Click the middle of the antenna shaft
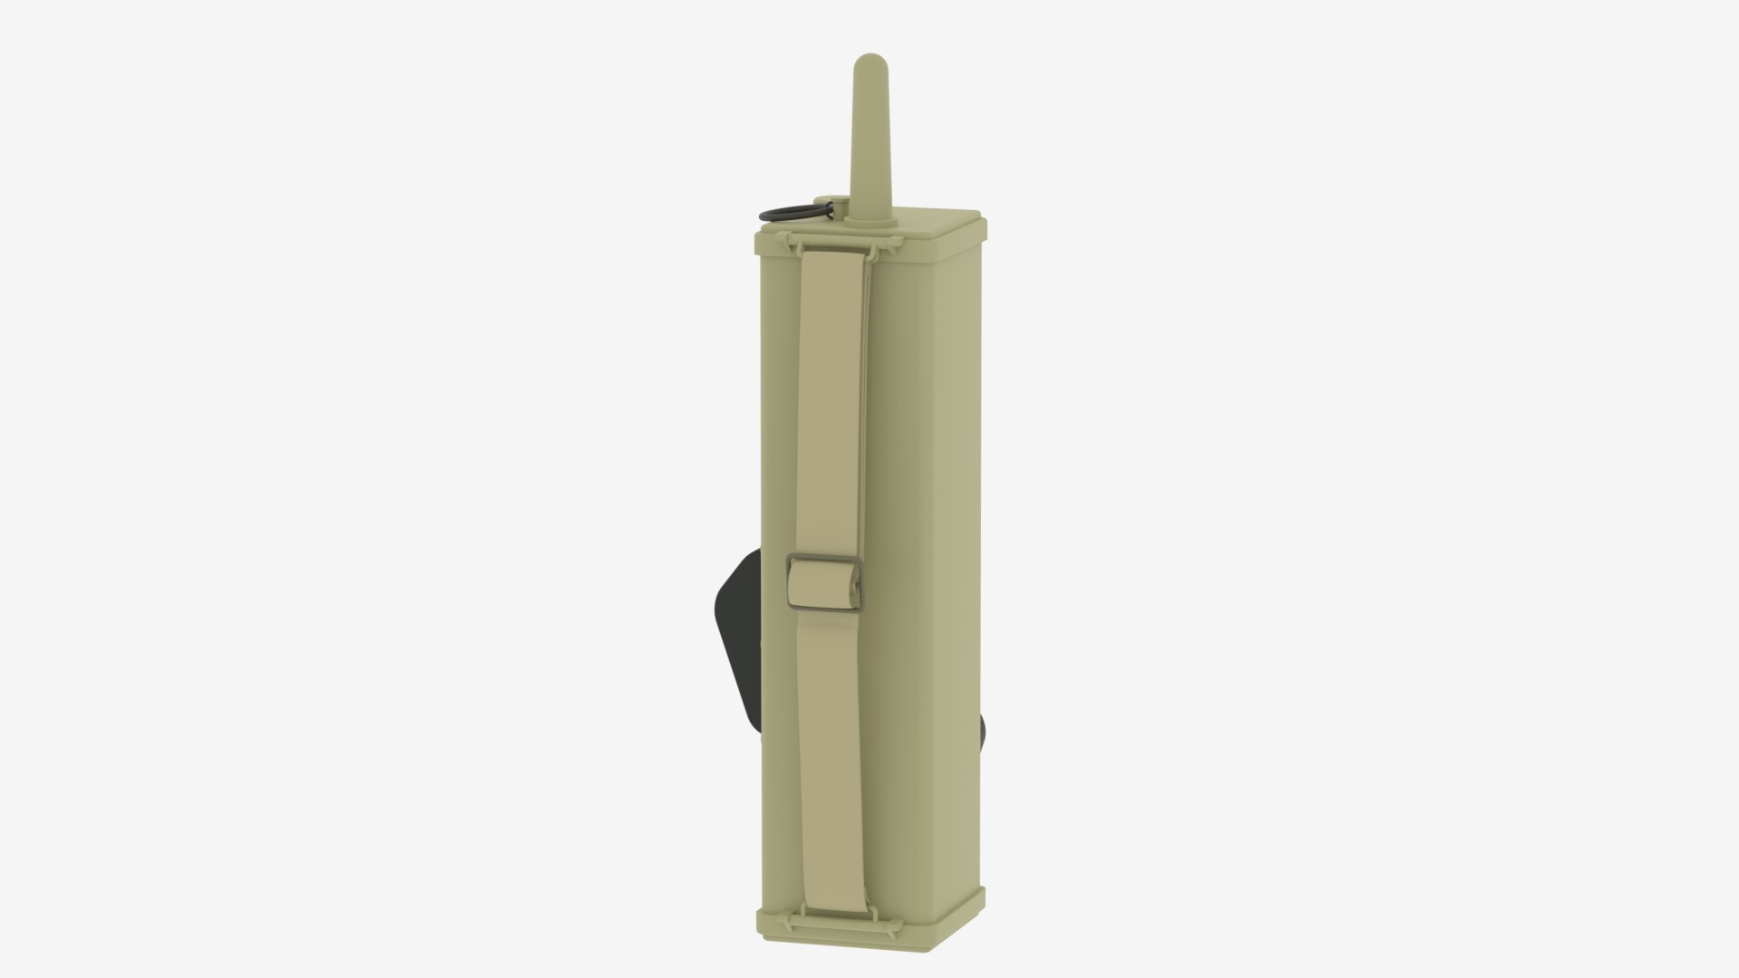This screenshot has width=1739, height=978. coord(868,136)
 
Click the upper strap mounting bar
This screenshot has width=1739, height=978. coord(842,242)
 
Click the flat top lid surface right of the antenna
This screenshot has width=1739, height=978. coord(933,223)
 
